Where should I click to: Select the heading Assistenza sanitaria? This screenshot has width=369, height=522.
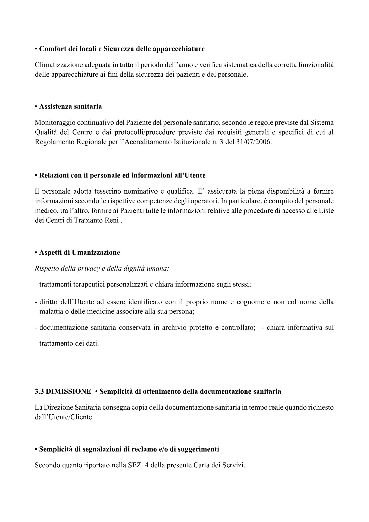(x=70, y=107)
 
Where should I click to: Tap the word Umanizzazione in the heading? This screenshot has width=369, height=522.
(x=96, y=253)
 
